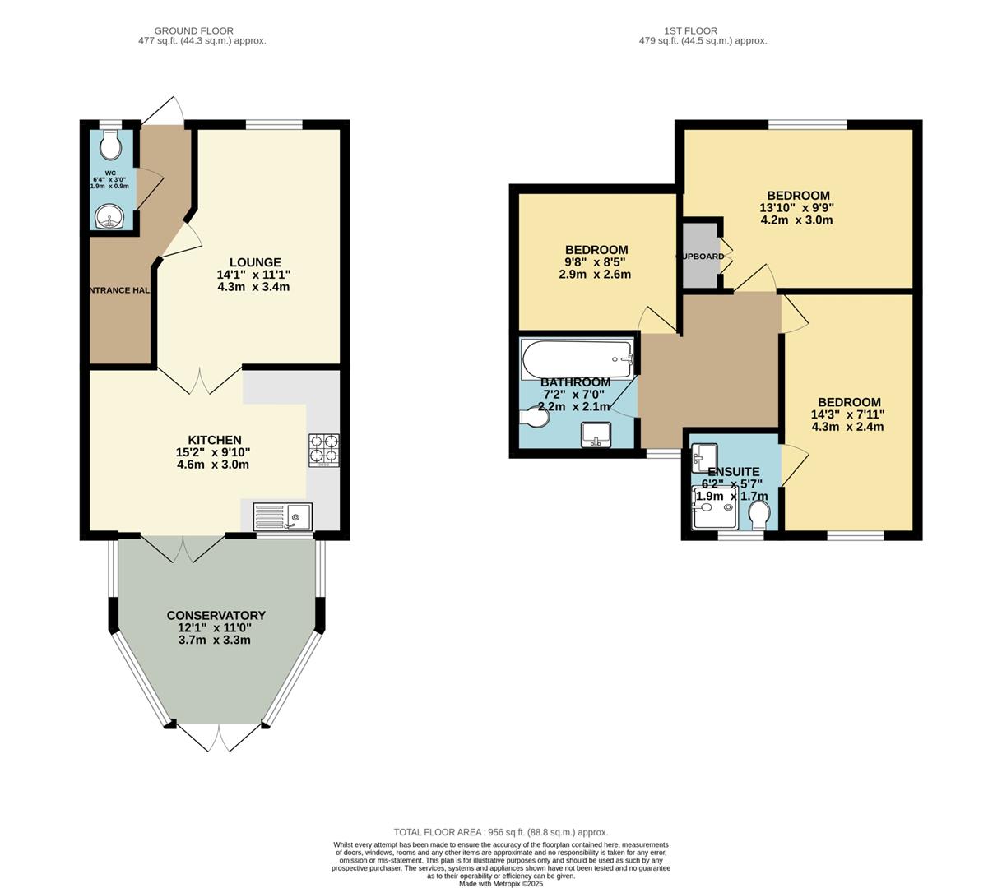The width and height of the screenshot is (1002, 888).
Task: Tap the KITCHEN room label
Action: click(x=214, y=440)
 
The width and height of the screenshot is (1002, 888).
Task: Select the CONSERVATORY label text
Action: click(x=216, y=615)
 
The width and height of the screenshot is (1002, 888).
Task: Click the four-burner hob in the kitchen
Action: click(x=323, y=451)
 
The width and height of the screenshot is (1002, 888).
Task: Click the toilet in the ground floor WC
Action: click(x=109, y=146)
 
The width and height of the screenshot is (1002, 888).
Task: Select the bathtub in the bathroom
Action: click(x=578, y=359)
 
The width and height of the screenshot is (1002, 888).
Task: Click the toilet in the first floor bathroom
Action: click(x=536, y=419)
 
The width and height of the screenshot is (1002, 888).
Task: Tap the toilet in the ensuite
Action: click(x=759, y=513)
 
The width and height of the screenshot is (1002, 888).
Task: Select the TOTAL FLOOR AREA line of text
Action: click(x=500, y=832)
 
